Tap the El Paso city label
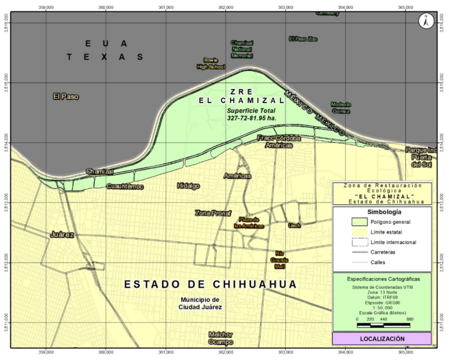(x=66, y=97)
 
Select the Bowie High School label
(x=210, y=63)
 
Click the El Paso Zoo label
(x=303, y=39)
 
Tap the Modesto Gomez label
(x=341, y=107)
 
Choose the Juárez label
(x=62, y=235)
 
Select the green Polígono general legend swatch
(x=350, y=221)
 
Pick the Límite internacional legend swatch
(x=350, y=242)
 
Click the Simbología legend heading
(x=384, y=212)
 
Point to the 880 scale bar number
(x=410, y=319)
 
